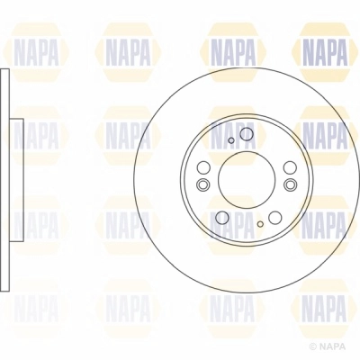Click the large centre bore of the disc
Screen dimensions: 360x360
point(244,177)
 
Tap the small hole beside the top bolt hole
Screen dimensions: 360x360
point(231,140)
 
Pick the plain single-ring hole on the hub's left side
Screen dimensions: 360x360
point(203,168)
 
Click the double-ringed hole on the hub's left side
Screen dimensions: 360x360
point(202,185)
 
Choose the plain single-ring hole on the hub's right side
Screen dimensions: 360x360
point(289,168)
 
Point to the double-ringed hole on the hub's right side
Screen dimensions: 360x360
point(289,184)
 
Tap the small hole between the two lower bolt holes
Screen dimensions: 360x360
point(259,221)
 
